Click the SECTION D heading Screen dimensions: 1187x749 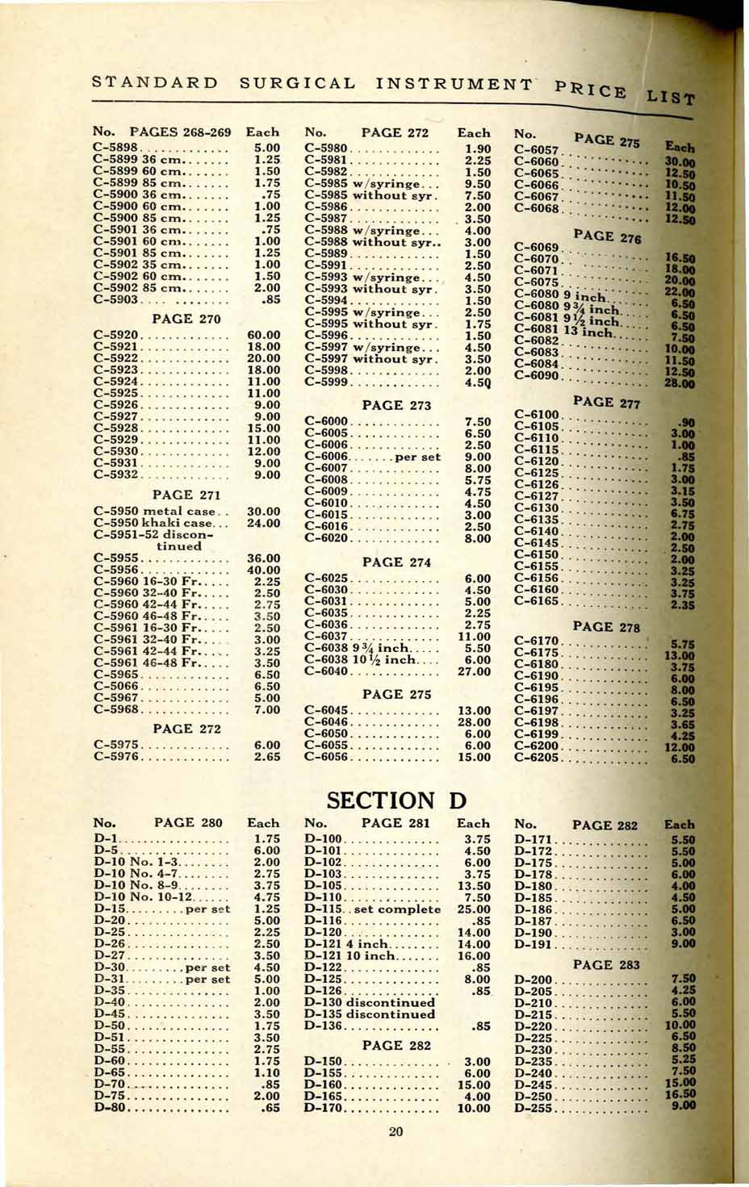(397, 800)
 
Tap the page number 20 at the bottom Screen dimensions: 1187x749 (395, 1131)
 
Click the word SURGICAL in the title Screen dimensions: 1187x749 (298, 83)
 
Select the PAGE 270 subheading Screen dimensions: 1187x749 (187, 318)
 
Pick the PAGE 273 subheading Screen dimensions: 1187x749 (397, 404)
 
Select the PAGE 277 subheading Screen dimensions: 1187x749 (605, 402)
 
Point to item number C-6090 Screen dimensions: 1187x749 (537, 376)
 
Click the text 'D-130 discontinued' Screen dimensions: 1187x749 (370, 1002)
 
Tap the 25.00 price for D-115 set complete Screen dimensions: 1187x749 (473, 909)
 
